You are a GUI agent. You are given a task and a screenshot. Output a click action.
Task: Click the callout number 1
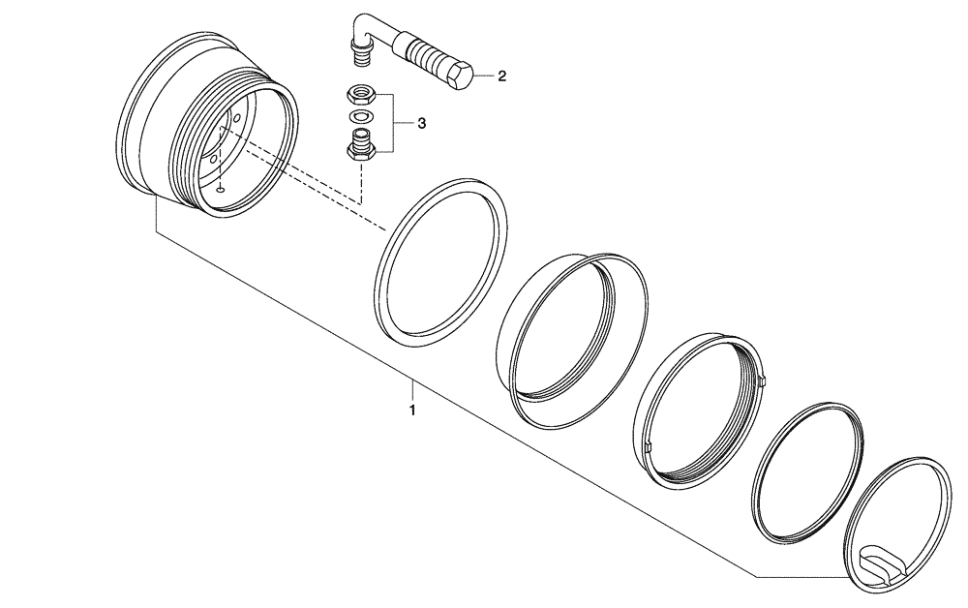tap(412, 410)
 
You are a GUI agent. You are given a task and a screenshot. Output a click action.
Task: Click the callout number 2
tap(501, 76)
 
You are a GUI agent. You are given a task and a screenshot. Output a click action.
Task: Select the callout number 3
tap(421, 124)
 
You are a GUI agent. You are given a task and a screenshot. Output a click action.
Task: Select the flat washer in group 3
tap(360, 118)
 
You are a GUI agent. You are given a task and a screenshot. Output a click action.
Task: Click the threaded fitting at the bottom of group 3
tap(360, 147)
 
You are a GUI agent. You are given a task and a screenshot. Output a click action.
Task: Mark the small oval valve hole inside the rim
tap(221, 190)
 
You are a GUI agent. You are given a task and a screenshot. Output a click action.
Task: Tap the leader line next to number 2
tap(484, 76)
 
